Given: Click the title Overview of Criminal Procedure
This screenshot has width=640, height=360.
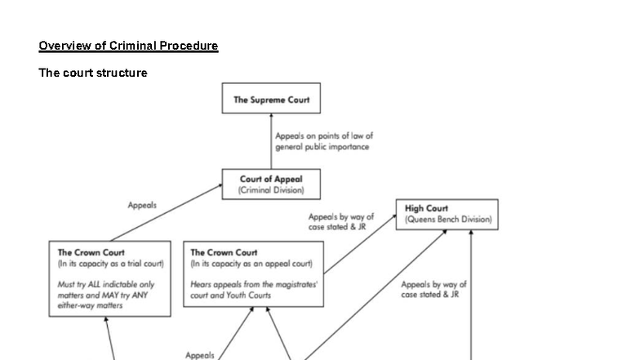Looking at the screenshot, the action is pyautogui.click(x=128, y=46).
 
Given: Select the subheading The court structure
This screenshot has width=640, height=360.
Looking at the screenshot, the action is pyautogui.click(x=93, y=73).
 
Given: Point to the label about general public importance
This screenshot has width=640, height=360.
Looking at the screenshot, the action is pyautogui.click(x=324, y=141).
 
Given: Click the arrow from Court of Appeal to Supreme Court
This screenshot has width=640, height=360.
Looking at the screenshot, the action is pyautogui.click(x=271, y=141).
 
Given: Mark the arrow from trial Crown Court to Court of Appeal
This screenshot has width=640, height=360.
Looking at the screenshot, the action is pyautogui.click(x=167, y=212).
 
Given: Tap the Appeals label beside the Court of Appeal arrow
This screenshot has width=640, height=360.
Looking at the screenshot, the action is pyautogui.click(x=142, y=205).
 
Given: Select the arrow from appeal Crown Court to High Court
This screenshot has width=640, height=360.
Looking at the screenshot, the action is pyautogui.click(x=360, y=244).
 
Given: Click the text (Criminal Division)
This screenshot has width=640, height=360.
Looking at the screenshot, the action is pyautogui.click(x=271, y=190).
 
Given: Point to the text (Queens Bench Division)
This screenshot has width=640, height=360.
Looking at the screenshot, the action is pyautogui.click(x=448, y=219).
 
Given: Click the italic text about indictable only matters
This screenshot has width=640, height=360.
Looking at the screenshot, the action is pyautogui.click(x=106, y=295).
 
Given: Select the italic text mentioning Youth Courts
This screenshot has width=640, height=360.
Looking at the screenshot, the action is pyautogui.click(x=253, y=290).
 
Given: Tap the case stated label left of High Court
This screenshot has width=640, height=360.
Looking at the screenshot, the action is pyautogui.click(x=341, y=222).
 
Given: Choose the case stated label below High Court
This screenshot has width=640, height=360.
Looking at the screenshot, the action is pyautogui.click(x=433, y=289).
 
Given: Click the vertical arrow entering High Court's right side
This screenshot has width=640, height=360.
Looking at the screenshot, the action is pyautogui.click(x=471, y=295).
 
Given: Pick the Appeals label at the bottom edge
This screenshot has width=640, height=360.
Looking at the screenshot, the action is pyautogui.click(x=199, y=355).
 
